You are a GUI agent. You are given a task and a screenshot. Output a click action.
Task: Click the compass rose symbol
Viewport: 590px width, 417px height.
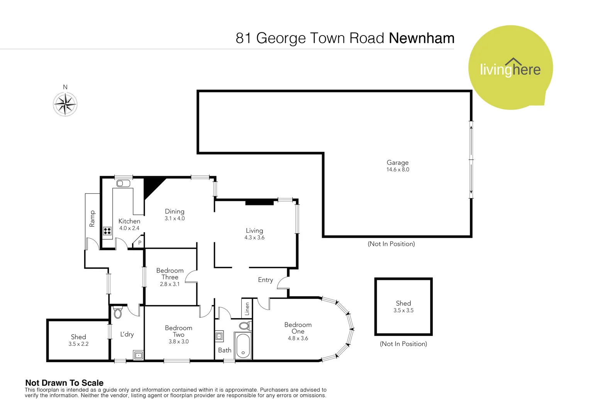65,104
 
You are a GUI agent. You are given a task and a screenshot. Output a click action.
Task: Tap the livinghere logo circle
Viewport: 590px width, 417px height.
510,68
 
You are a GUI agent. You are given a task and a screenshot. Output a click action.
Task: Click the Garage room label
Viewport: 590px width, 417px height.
397,163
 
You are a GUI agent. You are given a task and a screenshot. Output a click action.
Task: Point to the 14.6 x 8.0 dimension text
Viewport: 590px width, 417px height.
398,170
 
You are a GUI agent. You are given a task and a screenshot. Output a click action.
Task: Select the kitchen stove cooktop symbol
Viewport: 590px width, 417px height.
107,231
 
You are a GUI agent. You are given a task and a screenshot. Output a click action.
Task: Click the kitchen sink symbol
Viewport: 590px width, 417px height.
123,183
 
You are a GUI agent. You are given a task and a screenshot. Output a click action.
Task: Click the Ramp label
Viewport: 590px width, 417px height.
92,219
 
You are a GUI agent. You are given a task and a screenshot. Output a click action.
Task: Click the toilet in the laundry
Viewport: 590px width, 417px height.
118,312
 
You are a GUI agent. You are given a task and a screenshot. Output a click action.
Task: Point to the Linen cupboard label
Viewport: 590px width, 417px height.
247,309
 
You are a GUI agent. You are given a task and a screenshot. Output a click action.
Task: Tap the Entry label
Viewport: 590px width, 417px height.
265,280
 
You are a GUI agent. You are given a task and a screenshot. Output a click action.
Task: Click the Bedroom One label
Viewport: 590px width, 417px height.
298,328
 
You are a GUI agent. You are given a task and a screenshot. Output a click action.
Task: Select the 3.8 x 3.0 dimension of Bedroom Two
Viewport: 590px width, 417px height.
178,341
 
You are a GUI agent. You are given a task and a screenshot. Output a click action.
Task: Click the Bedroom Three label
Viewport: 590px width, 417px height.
170,274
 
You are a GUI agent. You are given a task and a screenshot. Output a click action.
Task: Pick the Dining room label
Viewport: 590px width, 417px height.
175,211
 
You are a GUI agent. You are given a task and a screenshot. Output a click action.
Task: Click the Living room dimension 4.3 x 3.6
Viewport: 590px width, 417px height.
254,237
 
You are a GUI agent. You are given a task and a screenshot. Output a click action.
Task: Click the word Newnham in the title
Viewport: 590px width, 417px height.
421,38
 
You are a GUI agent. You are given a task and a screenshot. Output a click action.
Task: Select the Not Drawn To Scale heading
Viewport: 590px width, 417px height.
64,383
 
